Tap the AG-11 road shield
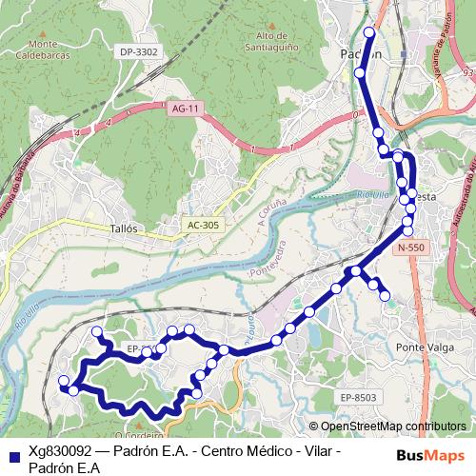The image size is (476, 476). tap(185, 109)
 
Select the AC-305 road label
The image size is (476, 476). tap(203, 225)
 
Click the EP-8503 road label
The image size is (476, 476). tap(359, 397)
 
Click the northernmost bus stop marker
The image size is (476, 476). tap(369, 32)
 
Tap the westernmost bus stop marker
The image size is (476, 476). tap(64, 382)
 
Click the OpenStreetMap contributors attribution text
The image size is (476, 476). tap(392, 426)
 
